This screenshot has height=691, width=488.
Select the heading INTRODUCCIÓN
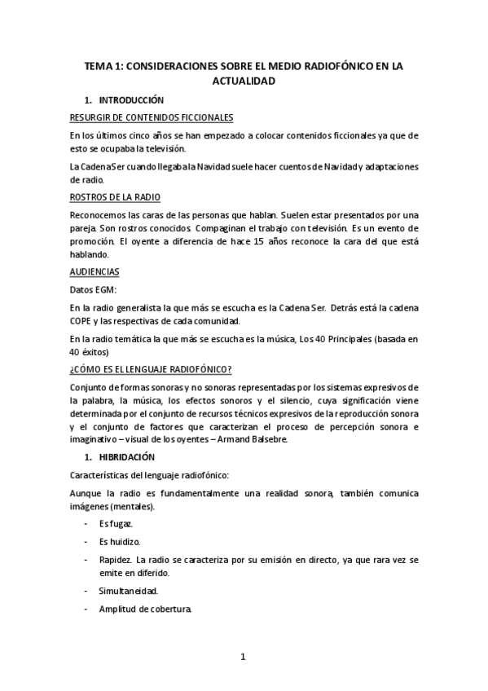[131, 101]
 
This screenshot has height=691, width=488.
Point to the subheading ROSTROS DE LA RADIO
[115, 198]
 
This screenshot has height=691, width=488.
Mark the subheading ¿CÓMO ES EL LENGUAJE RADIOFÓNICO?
[151, 370]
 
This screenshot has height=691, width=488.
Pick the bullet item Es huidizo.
[119, 540]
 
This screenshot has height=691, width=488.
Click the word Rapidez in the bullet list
[116, 559]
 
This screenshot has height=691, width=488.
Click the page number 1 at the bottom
[243, 657]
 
